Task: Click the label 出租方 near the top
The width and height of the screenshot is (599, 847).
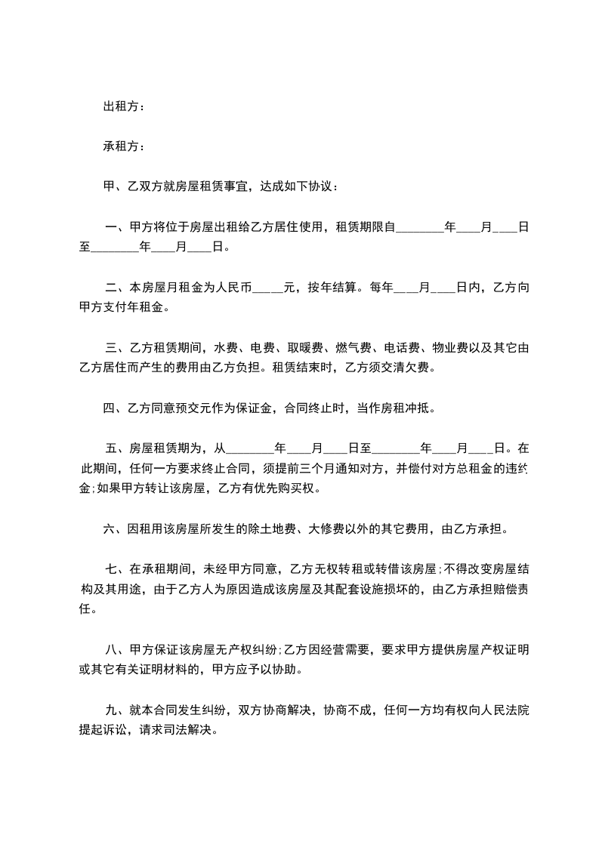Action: [121, 106]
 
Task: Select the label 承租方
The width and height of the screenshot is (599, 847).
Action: [121, 146]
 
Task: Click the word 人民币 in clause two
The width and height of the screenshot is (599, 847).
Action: [233, 287]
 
